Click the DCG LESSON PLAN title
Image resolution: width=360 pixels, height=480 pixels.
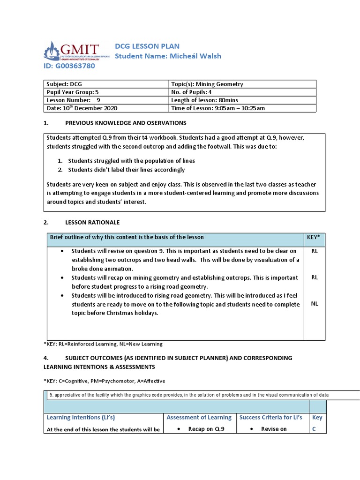(147, 46)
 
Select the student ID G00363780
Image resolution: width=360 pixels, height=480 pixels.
(69, 66)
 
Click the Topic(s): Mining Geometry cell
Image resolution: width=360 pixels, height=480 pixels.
(207, 84)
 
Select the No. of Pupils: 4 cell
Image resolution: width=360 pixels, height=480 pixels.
(194, 92)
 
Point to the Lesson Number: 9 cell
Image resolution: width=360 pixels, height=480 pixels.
(73, 100)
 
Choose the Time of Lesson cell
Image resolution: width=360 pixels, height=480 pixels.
(218, 108)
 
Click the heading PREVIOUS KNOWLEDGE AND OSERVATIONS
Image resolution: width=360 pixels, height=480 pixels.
(125, 123)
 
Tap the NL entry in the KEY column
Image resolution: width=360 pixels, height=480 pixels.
(314, 304)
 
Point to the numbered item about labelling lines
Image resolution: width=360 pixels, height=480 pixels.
(126, 170)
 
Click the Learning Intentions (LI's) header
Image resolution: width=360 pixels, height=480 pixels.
(81, 417)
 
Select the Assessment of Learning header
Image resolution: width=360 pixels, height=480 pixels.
(199, 417)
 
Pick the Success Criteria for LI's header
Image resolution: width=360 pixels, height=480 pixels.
(270, 417)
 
